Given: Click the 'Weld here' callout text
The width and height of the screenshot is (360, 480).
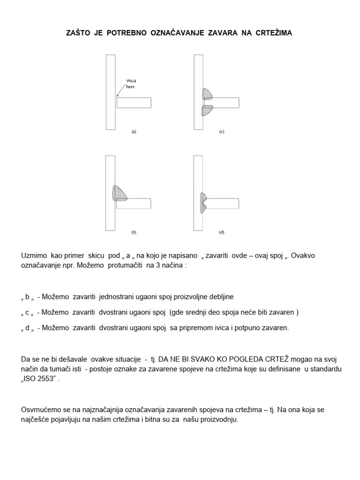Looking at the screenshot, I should tap(130, 84).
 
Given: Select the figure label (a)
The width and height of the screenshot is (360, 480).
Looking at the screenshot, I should tap(134, 132).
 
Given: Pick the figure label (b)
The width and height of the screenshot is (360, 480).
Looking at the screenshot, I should tap(134, 232).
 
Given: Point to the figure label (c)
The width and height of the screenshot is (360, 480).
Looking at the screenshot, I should tap(222, 132).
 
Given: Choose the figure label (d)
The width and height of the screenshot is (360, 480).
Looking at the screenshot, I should tap(222, 232).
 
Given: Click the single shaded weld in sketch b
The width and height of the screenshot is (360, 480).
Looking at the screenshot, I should tap(120, 193).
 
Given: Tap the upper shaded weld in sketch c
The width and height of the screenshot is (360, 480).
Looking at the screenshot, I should tap(207, 94).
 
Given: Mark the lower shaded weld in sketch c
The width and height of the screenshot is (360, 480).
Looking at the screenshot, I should tap(207, 110).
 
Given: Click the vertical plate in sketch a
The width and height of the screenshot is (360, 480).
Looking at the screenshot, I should tap(111, 91).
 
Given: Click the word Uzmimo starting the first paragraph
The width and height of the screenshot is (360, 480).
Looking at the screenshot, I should tap(35, 256).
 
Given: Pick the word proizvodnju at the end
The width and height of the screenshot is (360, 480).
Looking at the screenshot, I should tap(220, 420).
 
